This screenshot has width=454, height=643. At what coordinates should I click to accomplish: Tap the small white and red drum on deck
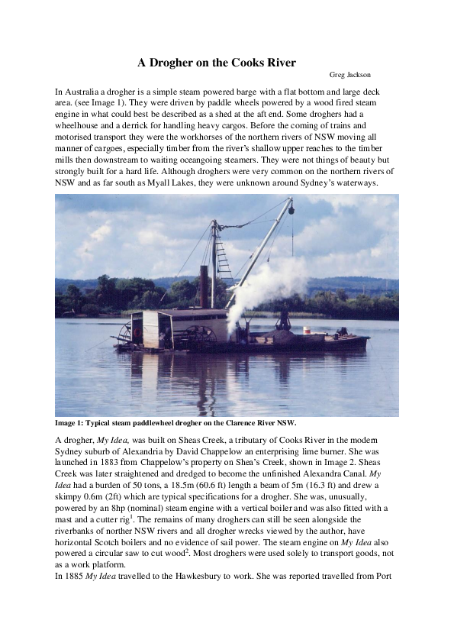pos(307,330)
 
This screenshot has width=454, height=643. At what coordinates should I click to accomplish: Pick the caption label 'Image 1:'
pos(71,422)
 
